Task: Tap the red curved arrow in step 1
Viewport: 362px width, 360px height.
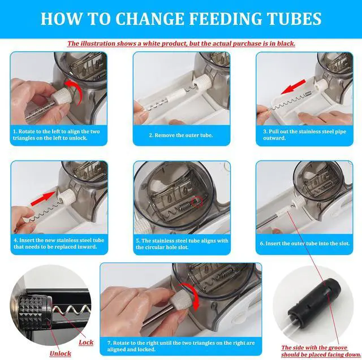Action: [x=75, y=92]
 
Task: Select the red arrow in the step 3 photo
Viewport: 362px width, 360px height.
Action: [x=293, y=87]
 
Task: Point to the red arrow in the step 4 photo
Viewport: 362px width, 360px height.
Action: [x=43, y=199]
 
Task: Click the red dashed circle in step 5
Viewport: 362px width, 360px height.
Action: [x=197, y=202]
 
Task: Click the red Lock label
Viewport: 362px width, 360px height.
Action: [x=86, y=342]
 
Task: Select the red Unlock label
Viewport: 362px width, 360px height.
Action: [x=61, y=354]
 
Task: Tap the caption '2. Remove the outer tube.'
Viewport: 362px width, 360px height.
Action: [x=181, y=136]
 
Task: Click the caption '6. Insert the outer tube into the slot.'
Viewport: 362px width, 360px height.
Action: [x=305, y=244]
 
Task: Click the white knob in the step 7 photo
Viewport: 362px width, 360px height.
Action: [x=182, y=299]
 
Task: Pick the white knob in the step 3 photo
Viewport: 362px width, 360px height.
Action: [x=322, y=85]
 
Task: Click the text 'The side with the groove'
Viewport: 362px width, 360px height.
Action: [x=314, y=348]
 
